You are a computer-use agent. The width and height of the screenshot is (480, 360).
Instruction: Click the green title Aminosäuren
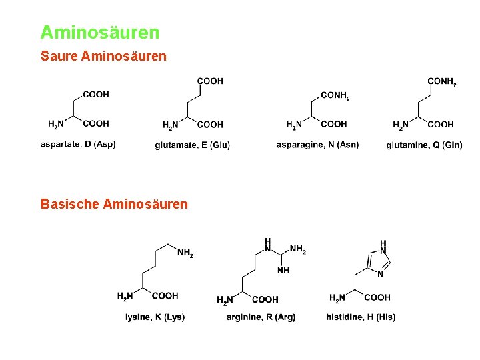[100, 32]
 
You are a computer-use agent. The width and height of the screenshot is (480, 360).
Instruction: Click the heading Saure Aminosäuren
[103, 57]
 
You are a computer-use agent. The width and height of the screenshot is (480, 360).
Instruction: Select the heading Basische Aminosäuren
[114, 203]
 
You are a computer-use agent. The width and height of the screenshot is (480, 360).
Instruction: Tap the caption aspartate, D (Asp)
[78, 144]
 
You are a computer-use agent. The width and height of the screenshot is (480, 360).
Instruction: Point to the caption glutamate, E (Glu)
[193, 145]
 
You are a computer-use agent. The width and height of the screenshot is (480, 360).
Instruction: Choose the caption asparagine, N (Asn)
[317, 145]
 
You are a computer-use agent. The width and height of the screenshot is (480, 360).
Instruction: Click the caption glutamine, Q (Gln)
[424, 145]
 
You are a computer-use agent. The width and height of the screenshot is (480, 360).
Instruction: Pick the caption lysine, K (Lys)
[155, 317]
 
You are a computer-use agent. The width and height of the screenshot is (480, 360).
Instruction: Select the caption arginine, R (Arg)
[261, 317]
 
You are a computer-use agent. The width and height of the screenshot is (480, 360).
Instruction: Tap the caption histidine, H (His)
[361, 317]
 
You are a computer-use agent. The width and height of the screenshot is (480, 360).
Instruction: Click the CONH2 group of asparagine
[335, 96]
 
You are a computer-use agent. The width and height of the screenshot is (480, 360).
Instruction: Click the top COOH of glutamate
[210, 81]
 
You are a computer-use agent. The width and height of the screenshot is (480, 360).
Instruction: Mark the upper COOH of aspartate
[96, 94]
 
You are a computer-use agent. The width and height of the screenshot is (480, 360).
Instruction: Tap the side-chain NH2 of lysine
[185, 253]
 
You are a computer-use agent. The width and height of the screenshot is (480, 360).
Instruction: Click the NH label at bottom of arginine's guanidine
[283, 270]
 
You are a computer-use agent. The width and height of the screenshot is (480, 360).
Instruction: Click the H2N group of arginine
[226, 299]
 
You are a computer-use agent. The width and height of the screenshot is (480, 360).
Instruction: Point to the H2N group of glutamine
[401, 125]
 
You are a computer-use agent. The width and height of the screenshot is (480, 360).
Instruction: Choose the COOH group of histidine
[377, 297]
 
